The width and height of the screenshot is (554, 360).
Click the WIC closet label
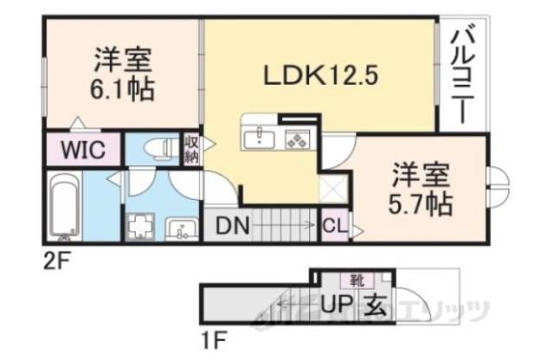click(x=82, y=149)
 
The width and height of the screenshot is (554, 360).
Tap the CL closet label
click(x=333, y=228)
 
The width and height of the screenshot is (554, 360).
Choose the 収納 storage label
click(x=191, y=149)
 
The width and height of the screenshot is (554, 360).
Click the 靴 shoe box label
click(x=356, y=280)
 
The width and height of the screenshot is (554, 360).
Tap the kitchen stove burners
click(x=298, y=138)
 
